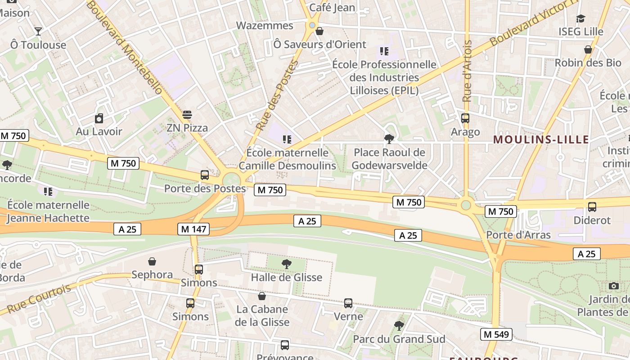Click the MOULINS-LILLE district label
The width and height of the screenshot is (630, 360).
point(541,139)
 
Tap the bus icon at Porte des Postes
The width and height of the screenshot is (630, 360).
point(205,175)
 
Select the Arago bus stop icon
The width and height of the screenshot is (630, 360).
point(465,118)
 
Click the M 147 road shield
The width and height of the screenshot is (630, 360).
point(194,229)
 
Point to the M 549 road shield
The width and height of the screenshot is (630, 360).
point(497,334)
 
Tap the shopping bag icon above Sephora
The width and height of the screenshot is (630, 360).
point(152,261)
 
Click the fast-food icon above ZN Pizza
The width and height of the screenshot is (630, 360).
point(187,115)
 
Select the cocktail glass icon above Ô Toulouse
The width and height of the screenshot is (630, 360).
point(38,31)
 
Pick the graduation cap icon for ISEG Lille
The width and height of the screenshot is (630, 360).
point(580,19)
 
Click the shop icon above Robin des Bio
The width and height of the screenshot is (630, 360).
point(588,49)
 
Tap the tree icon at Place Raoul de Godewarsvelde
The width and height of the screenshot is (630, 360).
point(389,139)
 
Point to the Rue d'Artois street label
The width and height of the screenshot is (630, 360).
point(467,71)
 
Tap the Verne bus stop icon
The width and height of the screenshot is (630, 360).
point(348,303)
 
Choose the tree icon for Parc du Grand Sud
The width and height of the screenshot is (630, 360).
point(399,326)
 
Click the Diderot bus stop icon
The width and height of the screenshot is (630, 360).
point(592,207)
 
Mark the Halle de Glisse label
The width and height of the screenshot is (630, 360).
point(287,277)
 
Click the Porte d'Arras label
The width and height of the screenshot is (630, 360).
point(518,235)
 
